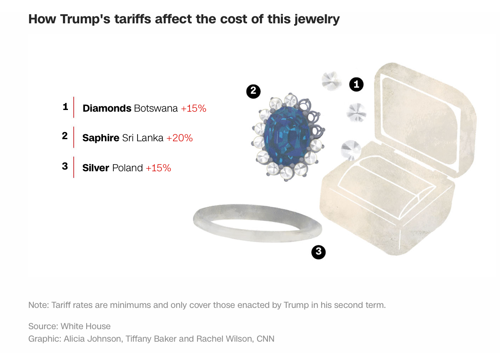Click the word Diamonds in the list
click(107, 108)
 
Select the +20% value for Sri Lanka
click(180, 138)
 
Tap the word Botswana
click(156, 108)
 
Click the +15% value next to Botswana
click(193, 108)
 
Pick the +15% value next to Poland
click(158, 168)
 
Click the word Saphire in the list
click(101, 138)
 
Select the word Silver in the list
click(96, 168)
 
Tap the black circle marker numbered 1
click(356, 85)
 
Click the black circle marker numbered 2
click(253, 92)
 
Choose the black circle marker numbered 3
click(318, 252)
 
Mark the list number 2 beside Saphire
click(65, 136)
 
